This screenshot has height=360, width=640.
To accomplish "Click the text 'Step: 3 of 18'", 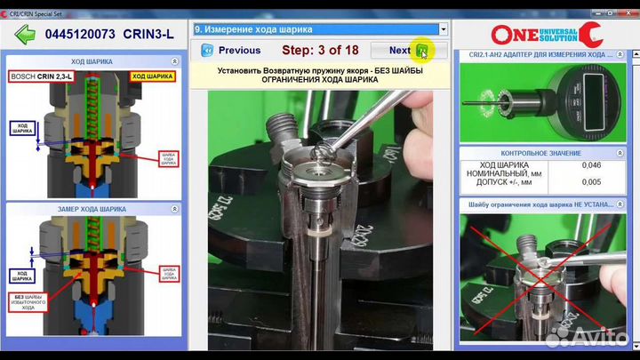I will [321, 51].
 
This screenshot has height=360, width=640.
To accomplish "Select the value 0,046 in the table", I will [590, 165].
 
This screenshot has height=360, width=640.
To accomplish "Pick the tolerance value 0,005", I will [590, 183].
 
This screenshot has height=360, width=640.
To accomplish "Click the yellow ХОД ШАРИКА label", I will [150, 77].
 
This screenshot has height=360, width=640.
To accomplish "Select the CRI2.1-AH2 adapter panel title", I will [546, 55].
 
